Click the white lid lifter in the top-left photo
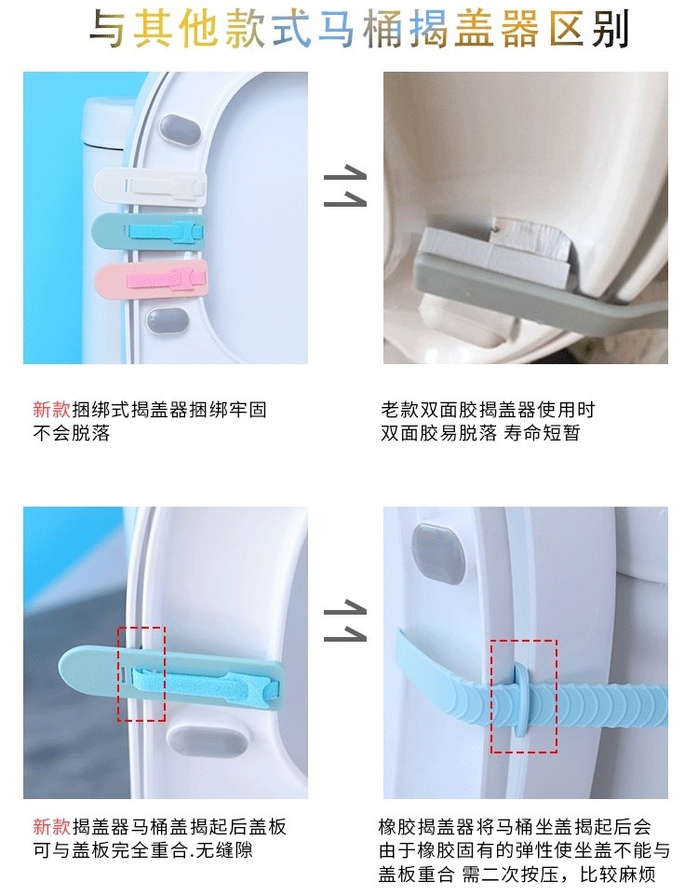pyautogui.click(x=150, y=186)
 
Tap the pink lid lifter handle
pyautogui.click(x=151, y=279)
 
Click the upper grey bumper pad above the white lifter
pyautogui.click(x=180, y=129)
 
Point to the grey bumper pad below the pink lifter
pyautogui.click(x=168, y=322)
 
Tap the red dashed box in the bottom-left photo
pyautogui.click(x=141, y=673)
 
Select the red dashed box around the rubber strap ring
pyautogui.click(x=524, y=696)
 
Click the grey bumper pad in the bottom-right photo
pyautogui.click(x=438, y=553)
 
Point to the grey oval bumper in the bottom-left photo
pyautogui.click(x=207, y=741)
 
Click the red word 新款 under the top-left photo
pyautogui.click(x=51, y=409)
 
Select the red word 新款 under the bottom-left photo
pyautogui.click(x=51, y=826)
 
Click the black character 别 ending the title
pyautogui.click(x=611, y=29)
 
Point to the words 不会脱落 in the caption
pyautogui.click(x=72, y=433)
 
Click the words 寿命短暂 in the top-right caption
pyautogui.click(x=542, y=433)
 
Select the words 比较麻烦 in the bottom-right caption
pyautogui.click(x=618, y=875)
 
